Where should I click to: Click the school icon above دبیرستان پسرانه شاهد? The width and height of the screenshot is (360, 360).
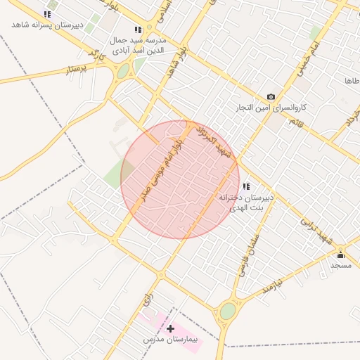point(47,14)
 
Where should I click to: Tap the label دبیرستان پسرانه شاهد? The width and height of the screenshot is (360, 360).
point(47,25)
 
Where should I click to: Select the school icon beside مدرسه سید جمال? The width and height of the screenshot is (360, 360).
point(137,30)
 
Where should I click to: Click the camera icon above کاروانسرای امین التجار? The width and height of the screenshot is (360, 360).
point(271,97)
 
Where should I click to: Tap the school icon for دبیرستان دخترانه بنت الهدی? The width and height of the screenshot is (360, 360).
point(245,187)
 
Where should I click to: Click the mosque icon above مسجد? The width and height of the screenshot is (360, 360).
point(341,254)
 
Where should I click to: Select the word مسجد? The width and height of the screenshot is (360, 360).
point(341,265)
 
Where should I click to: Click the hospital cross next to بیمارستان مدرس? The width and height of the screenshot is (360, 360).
point(170,328)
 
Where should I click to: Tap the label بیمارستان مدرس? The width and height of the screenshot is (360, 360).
point(170,340)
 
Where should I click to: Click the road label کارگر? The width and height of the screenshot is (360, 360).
point(96,53)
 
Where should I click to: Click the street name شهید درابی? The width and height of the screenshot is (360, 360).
point(314,226)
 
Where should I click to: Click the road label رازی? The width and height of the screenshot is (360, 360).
point(148,299)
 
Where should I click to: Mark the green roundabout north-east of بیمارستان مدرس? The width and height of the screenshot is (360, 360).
point(228,310)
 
